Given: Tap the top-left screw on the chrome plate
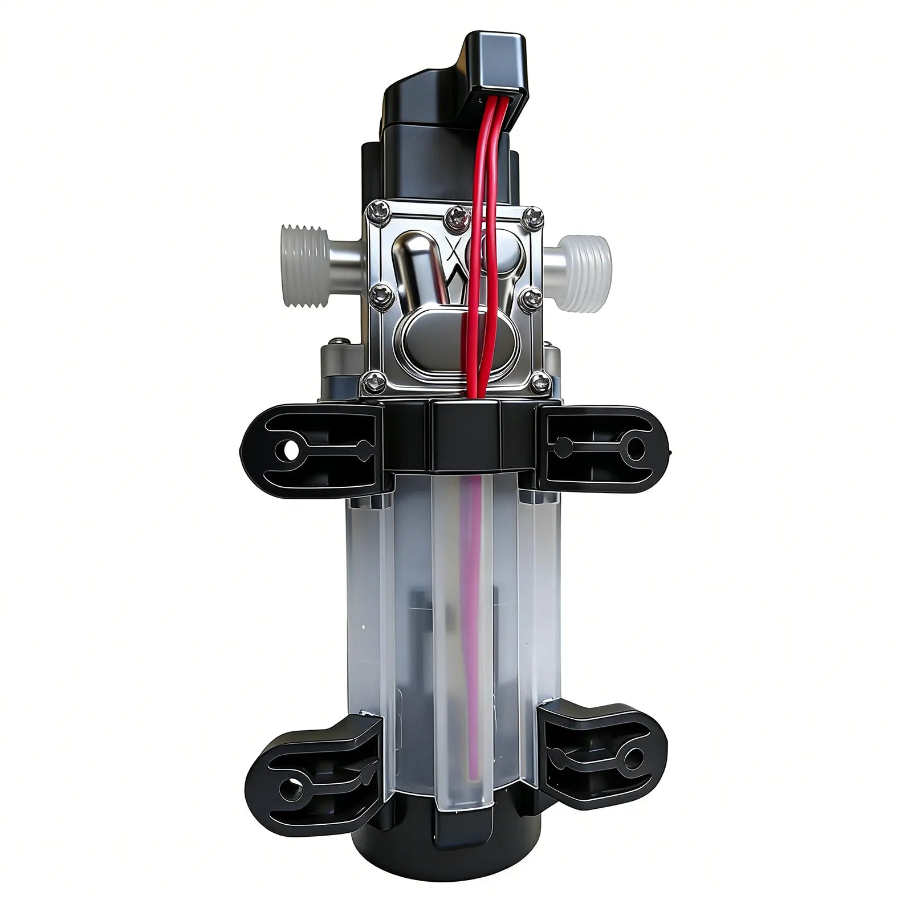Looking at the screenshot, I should [x=378, y=212].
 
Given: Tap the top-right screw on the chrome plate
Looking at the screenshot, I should [x=534, y=216].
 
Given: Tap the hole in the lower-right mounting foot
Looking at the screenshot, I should [x=633, y=758].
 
